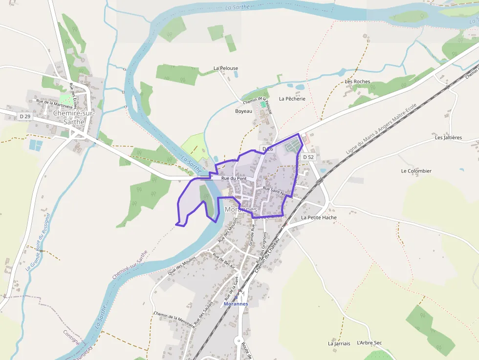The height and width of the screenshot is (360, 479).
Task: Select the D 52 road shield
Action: (x=308, y=157)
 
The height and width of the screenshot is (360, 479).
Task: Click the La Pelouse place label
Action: (x=226, y=68)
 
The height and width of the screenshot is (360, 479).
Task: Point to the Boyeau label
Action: (x=243, y=111)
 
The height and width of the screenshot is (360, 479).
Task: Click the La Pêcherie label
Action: (x=292, y=99)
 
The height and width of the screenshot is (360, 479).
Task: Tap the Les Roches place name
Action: (x=357, y=82)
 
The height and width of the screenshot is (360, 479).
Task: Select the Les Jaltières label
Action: (x=448, y=138)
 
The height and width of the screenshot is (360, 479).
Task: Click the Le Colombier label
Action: (x=416, y=171)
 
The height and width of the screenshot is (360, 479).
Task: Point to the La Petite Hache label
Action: (x=319, y=217)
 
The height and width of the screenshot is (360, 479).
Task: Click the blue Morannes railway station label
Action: (x=236, y=304)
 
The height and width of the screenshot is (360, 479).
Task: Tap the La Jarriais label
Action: (x=339, y=343)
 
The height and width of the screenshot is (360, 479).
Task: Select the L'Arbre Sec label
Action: (x=369, y=343)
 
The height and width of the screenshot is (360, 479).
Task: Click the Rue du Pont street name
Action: (x=233, y=179)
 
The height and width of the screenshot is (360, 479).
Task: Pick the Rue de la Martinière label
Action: (x=54, y=103)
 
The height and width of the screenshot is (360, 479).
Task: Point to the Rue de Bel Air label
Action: (x=223, y=263)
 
